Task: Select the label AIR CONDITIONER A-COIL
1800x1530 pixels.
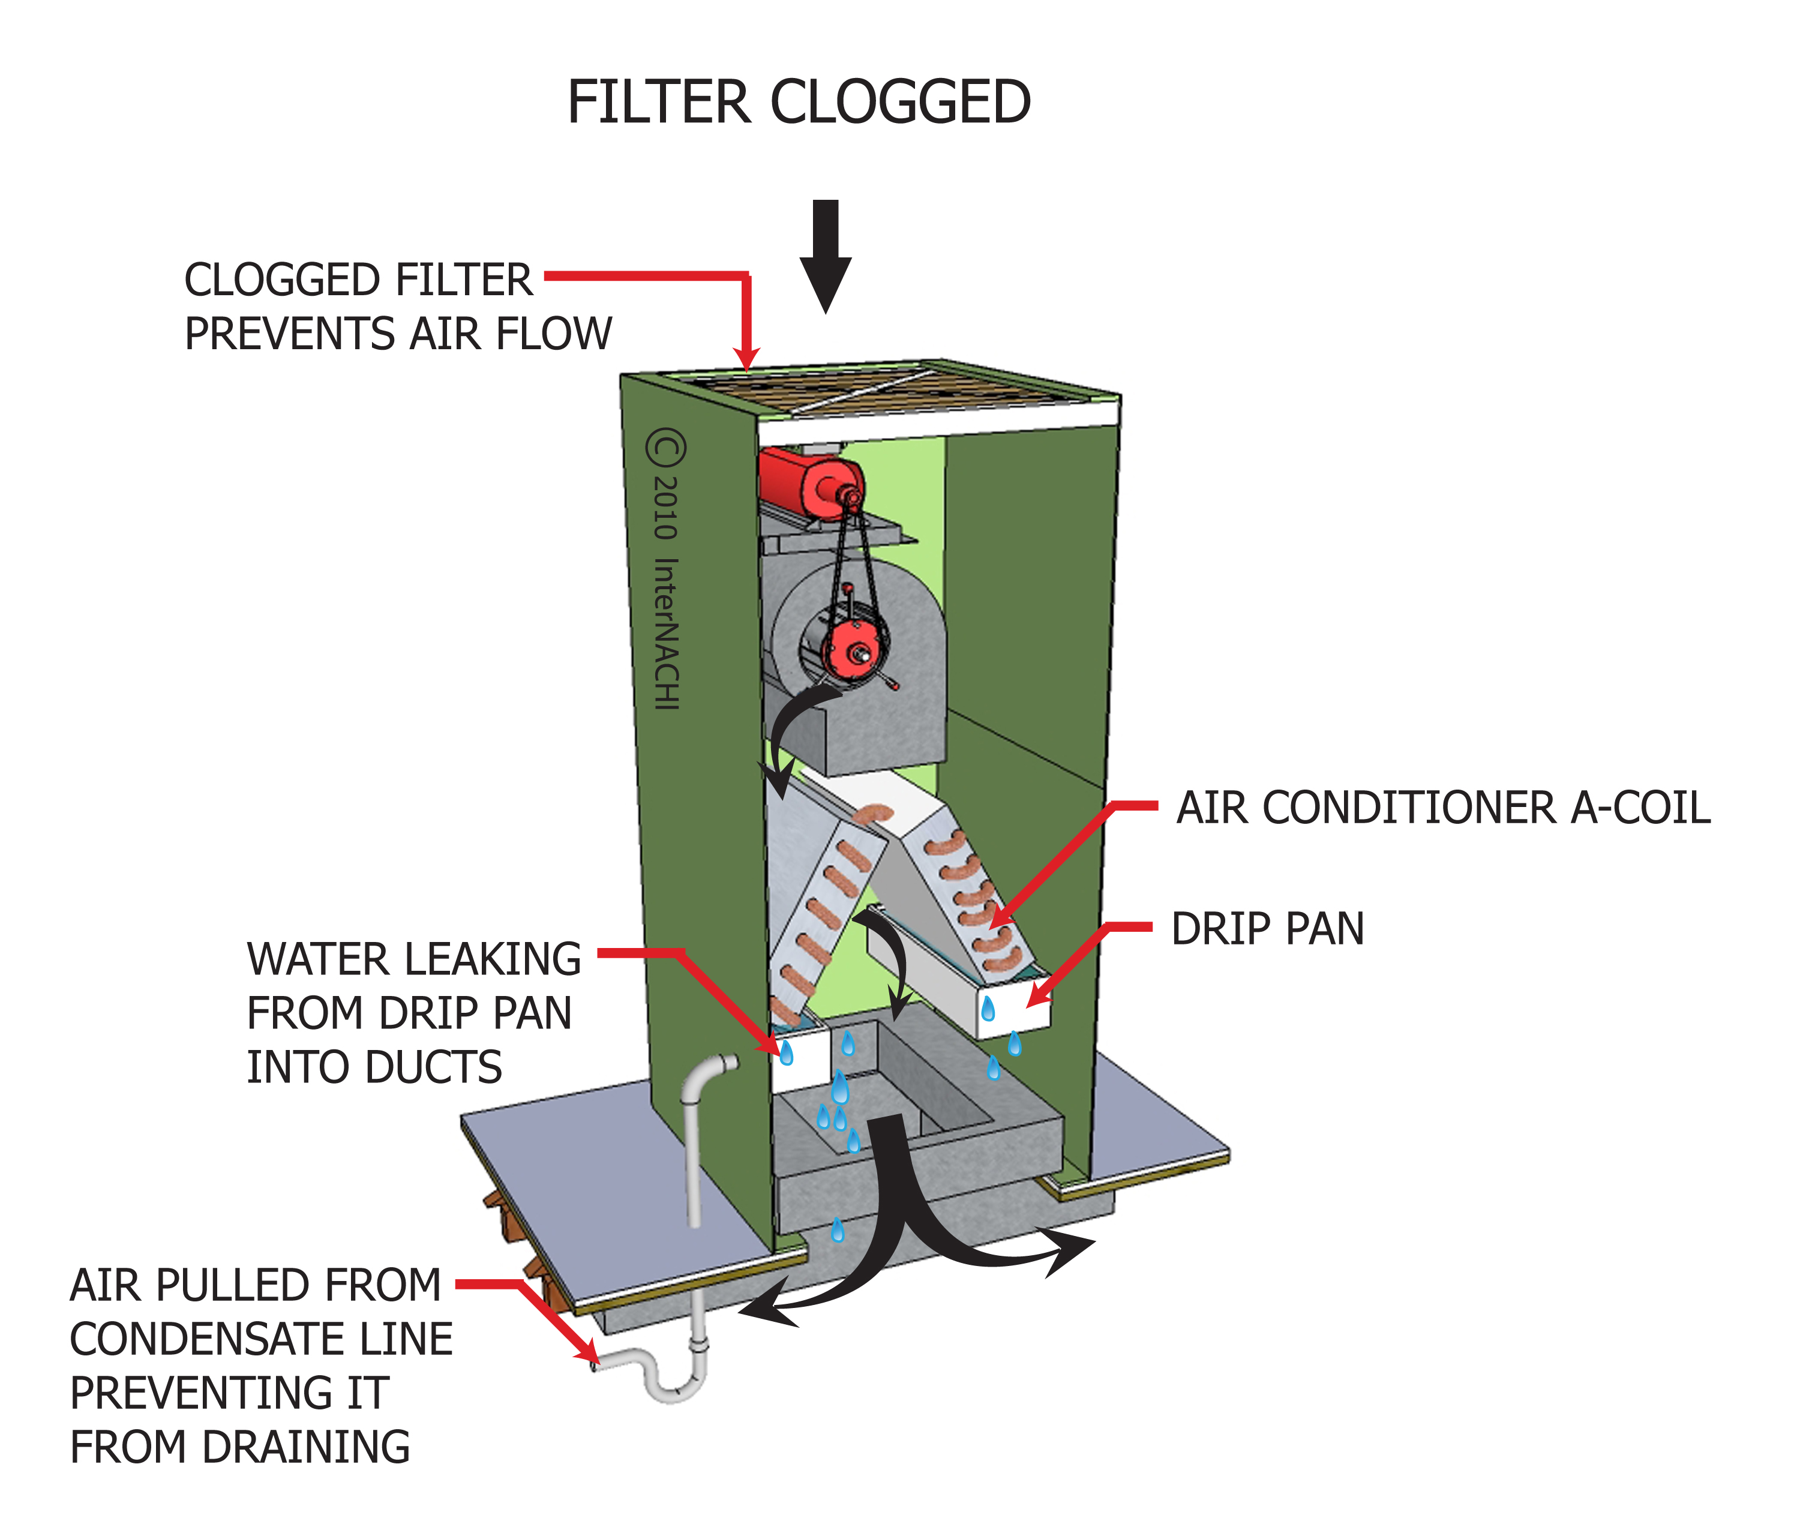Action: [1442, 808]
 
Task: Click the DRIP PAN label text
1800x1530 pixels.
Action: [1267, 929]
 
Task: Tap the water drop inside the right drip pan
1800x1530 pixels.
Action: [987, 1008]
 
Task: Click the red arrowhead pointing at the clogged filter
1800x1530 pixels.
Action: [746, 358]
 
